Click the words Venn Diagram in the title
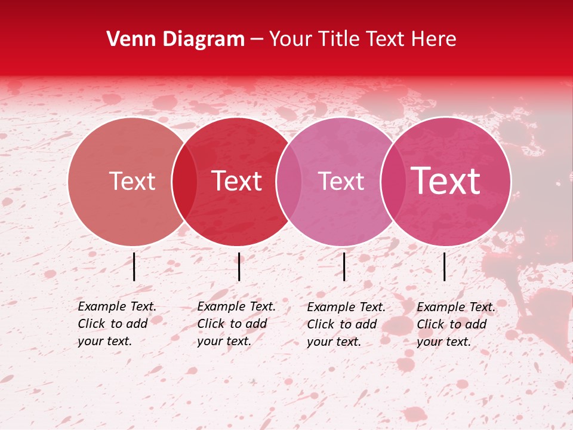(x=175, y=39)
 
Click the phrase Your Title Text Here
(x=362, y=39)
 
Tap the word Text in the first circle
(x=132, y=181)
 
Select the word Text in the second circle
(x=236, y=181)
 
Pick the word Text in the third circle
(x=341, y=181)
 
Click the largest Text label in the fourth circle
(x=445, y=181)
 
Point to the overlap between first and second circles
(x=184, y=181)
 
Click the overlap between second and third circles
(x=289, y=181)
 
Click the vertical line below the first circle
(x=134, y=266)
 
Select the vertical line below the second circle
(x=239, y=266)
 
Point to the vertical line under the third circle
(x=344, y=266)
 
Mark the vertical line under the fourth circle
(x=445, y=266)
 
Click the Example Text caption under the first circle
(x=117, y=324)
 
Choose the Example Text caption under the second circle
(x=236, y=324)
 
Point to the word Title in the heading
(x=340, y=39)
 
